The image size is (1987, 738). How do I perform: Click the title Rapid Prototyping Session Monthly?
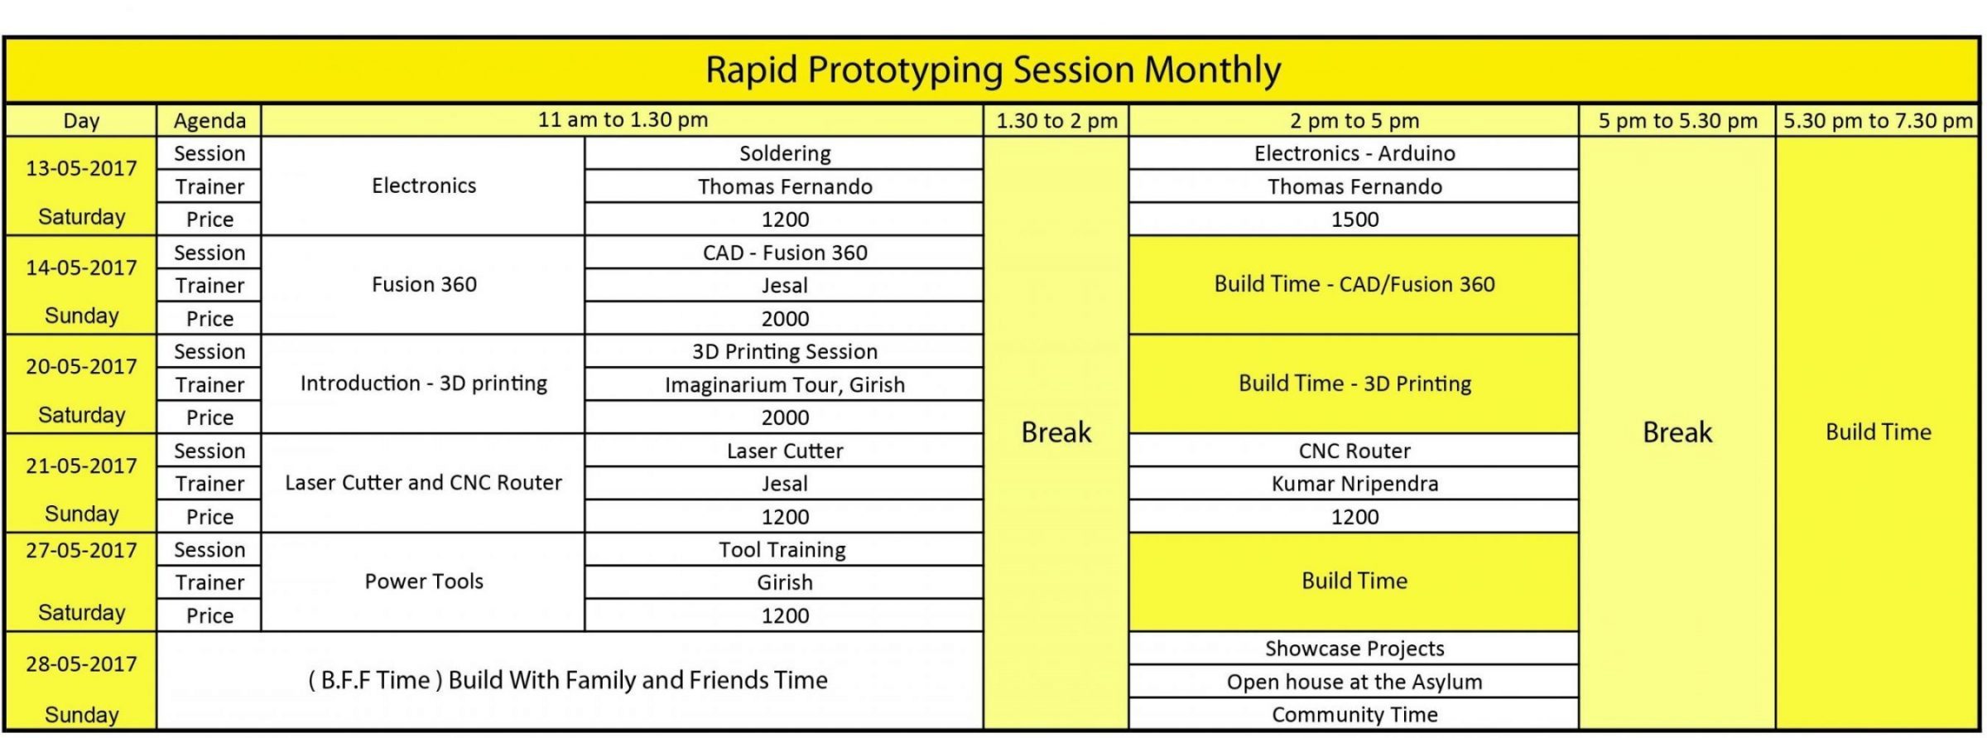click(993, 70)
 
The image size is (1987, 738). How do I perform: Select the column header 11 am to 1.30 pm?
click(623, 120)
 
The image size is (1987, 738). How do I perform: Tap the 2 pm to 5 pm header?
click(1354, 121)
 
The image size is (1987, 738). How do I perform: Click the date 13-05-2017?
click(81, 168)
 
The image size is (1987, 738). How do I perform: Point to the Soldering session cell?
click(784, 153)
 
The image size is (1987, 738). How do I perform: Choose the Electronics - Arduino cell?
click(1354, 153)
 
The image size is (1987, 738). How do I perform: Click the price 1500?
click(1354, 219)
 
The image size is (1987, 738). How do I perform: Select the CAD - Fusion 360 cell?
click(784, 253)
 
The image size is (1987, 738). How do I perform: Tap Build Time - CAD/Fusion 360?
click(1354, 284)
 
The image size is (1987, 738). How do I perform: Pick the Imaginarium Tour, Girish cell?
click(784, 384)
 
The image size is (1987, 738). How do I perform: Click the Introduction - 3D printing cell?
click(423, 383)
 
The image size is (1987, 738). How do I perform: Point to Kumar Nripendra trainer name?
click(1354, 484)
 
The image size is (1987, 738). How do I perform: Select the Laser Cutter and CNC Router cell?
click(423, 483)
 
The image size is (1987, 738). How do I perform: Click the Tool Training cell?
click(782, 550)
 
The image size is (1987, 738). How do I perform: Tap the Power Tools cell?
click(423, 581)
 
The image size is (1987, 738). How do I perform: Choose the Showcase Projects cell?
click(1354, 649)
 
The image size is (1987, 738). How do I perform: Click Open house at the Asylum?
click(1354, 682)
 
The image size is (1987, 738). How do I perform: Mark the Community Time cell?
click(1354, 715)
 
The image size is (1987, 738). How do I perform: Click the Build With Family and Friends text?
click(637, 681)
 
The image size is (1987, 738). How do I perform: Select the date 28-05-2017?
click(81, 664)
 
